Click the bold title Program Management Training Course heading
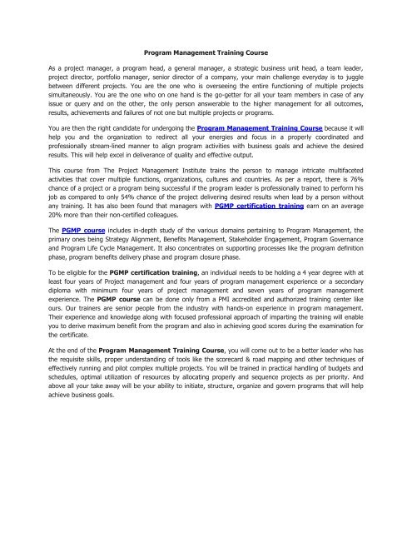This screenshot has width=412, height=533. (x=206, y=51)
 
